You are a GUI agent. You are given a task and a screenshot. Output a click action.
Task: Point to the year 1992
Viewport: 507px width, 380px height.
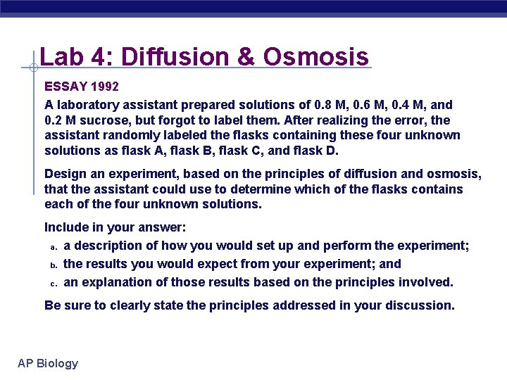(x=105, y=87)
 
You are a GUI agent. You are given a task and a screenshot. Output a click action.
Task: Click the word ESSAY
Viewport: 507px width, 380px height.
(x=66, y=87)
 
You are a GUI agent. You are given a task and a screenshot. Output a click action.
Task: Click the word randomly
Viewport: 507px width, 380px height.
(x=125, y=135)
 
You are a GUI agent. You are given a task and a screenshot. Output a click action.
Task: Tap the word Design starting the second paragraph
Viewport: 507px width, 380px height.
(x=64, y=174)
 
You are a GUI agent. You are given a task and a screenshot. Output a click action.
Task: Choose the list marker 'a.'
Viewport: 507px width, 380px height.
(x=52, y=246)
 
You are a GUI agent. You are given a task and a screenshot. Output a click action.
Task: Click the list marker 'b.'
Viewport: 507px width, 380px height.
(x=52, y=265)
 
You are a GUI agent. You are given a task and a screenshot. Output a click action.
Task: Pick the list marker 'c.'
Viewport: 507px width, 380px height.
(x=52, y=283)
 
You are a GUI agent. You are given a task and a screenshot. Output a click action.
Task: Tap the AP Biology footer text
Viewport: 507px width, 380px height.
(x=48, y=363)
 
